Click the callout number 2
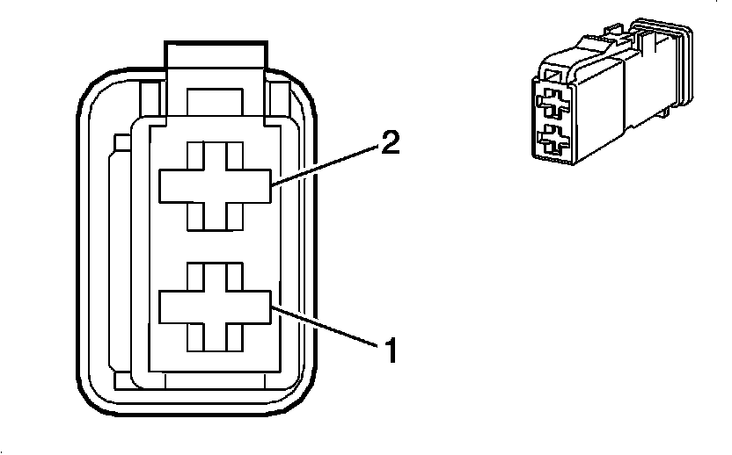point(391,143)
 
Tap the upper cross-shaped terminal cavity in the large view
point(214,185)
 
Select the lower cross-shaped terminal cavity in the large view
point(214,308)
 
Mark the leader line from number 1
point(325,326)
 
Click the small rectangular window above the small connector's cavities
point(551,83)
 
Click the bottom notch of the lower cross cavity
point(214,337)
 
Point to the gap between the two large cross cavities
point(214,247)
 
